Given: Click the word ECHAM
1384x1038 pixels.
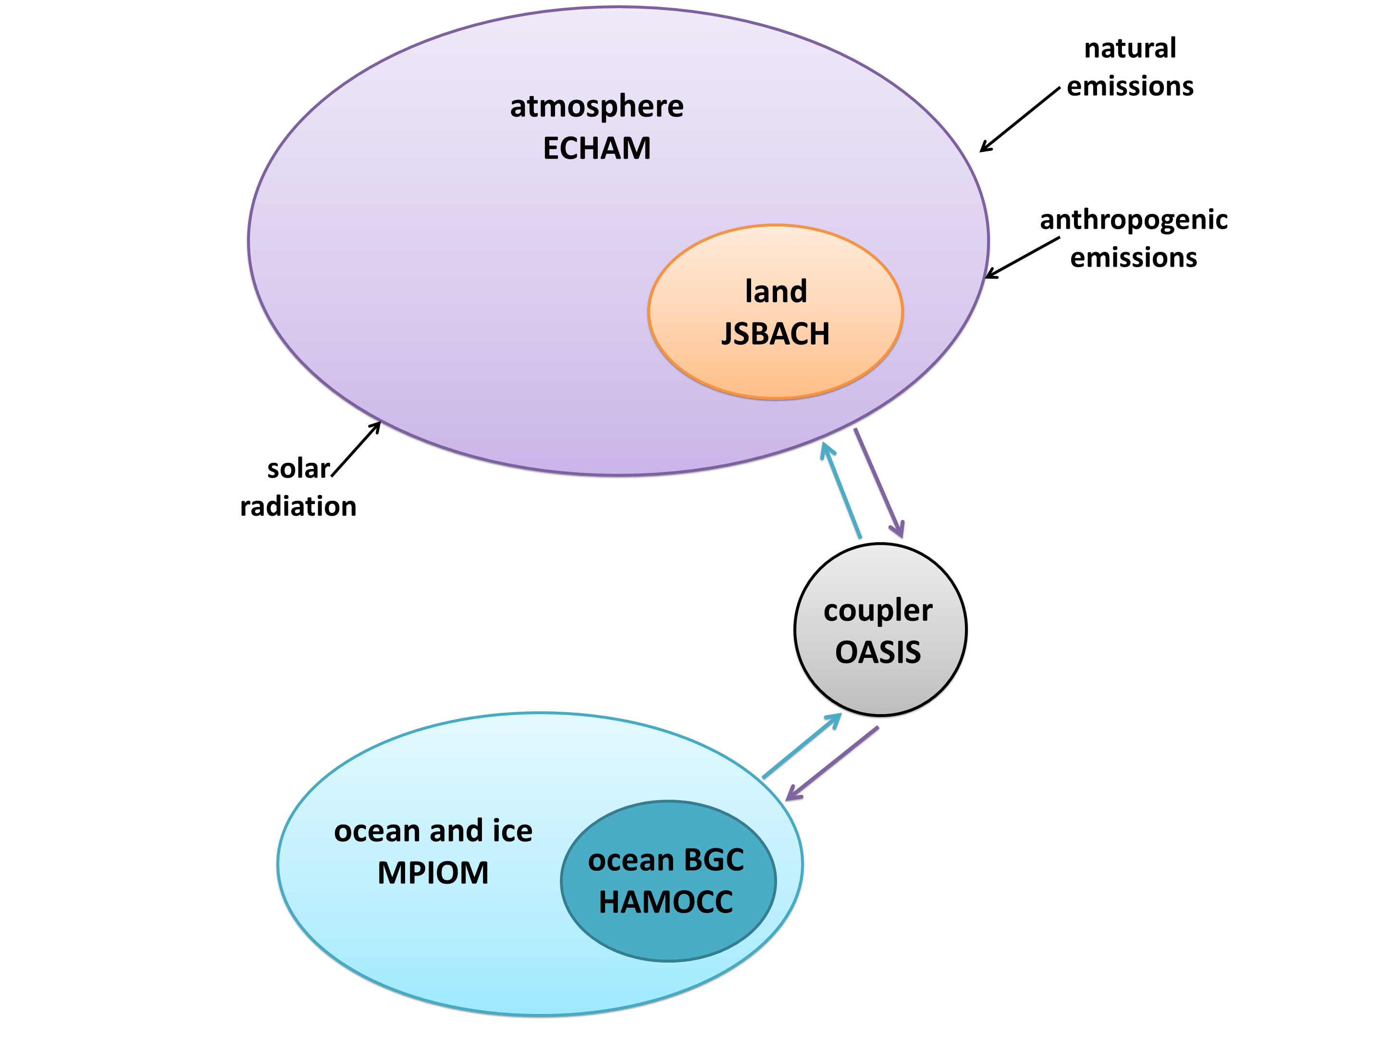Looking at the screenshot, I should coord(596,149).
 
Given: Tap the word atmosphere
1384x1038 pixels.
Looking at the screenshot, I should coord(596,106).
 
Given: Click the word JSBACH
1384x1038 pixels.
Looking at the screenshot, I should coord(776,334).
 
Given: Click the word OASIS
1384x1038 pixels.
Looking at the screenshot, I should coord(878,653).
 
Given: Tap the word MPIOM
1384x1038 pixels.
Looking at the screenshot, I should coord(433,873).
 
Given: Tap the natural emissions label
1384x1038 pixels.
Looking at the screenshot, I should coord(1130,67).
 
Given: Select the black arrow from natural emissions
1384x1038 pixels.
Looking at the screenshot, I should coord(1020,120).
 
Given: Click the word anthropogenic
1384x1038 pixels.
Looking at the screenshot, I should coord(1134,220).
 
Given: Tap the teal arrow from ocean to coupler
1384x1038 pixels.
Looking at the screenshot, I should coord(802,746).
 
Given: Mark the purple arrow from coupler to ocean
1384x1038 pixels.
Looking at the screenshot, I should coord(832,763).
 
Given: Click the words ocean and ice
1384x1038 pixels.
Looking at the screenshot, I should coord(433,831).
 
